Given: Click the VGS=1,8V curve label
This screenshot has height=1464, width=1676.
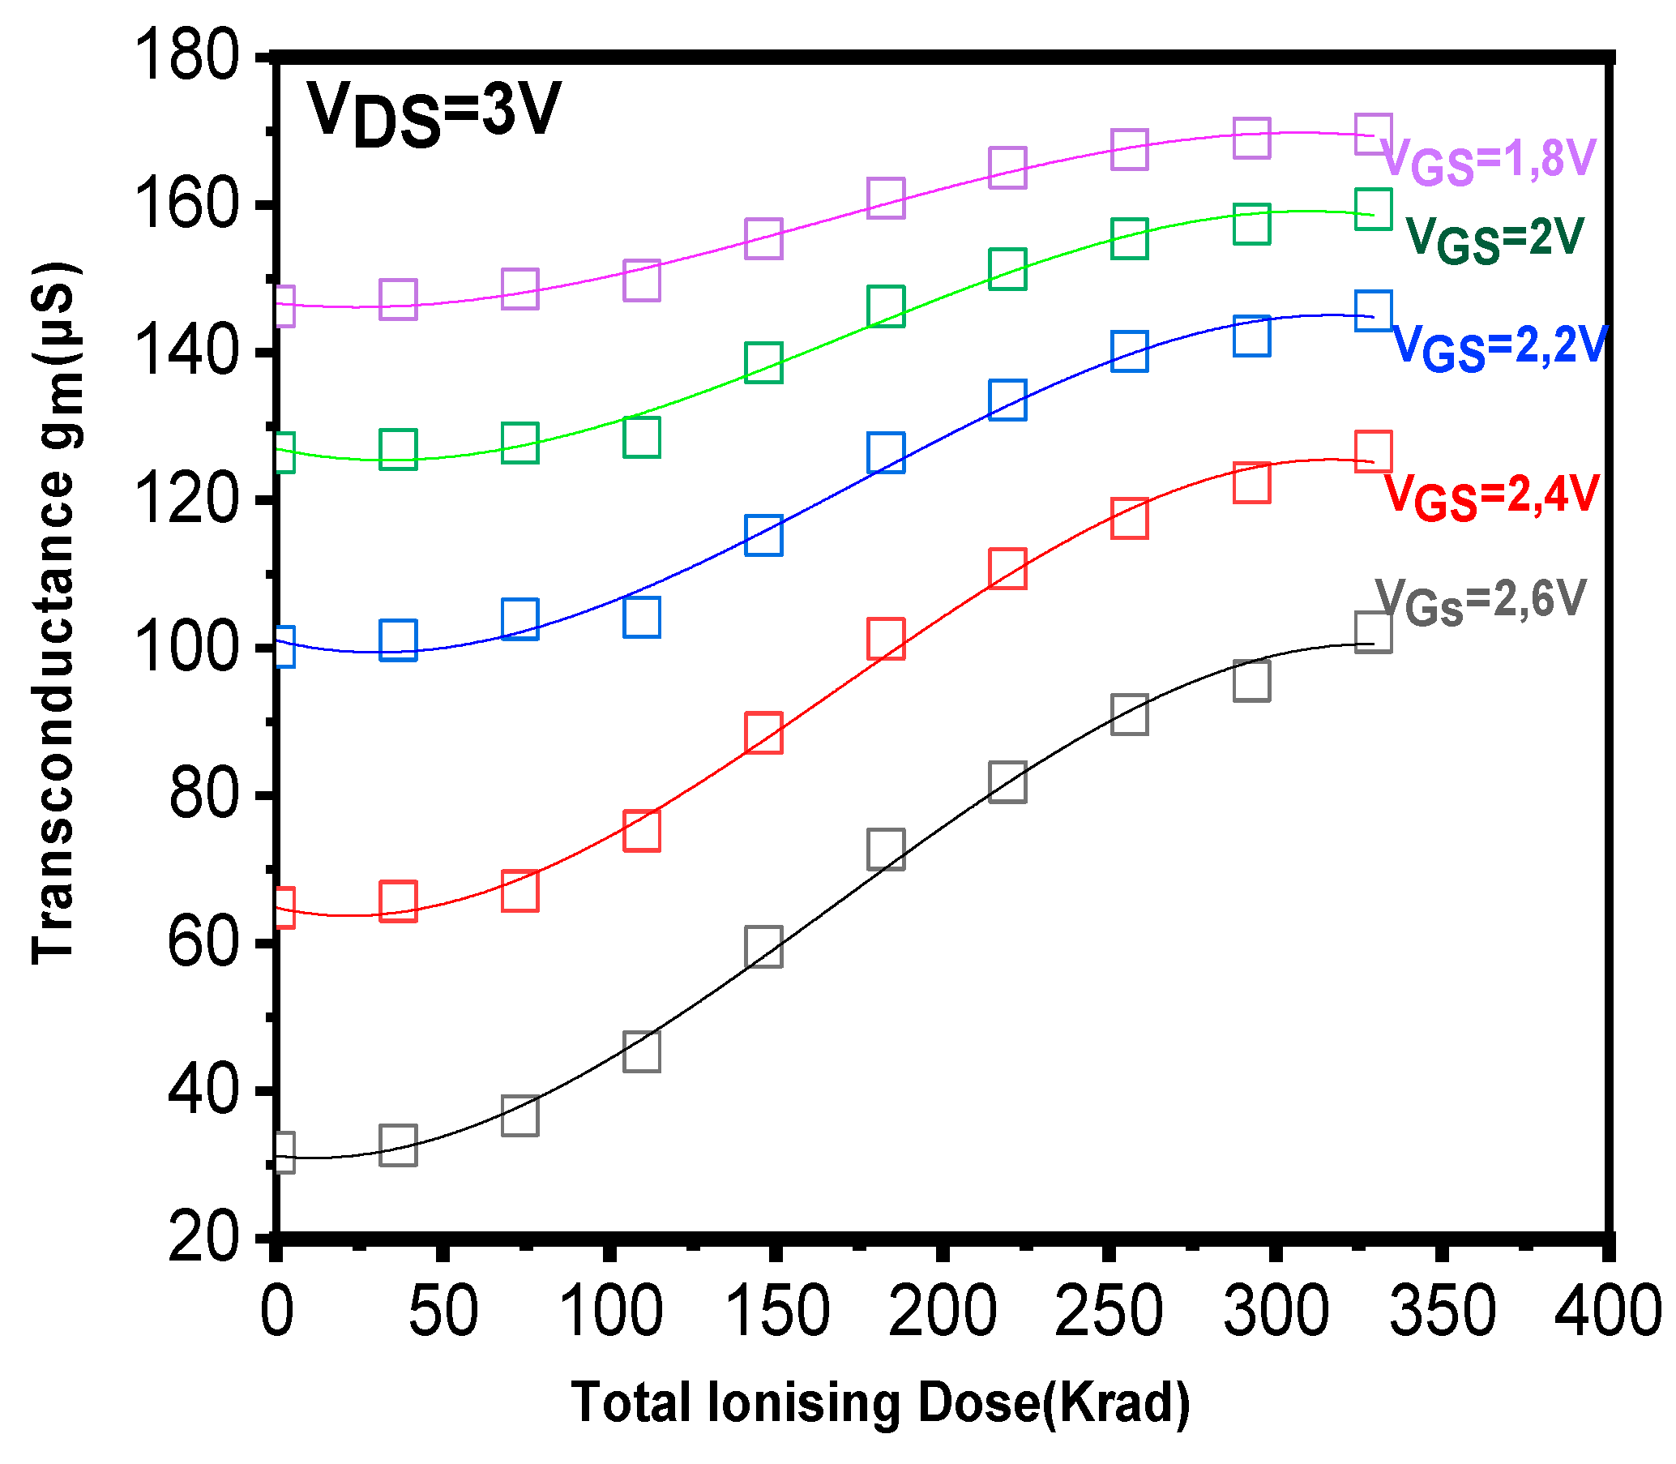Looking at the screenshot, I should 1488,160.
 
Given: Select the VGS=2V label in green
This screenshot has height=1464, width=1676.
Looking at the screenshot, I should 1494,239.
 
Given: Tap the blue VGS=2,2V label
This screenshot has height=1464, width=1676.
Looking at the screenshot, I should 1499,347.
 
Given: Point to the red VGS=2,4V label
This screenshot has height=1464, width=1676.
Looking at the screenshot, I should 1490,496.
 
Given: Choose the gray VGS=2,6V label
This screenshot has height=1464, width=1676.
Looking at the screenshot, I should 1481,602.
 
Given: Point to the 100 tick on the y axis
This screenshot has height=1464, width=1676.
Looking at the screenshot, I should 189,648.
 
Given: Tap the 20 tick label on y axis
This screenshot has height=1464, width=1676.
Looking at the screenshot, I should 203,1239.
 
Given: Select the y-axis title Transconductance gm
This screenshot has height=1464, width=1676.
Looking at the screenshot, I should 56,613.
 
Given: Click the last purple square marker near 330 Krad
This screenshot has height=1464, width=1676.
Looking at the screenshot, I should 1373,134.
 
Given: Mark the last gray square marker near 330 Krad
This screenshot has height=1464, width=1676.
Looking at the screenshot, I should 1373,632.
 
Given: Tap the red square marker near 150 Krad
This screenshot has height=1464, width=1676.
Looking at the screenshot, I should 763,732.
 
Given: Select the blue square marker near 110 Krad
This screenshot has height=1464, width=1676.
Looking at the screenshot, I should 641,617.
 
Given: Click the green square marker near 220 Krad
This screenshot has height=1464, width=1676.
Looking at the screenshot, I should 1007,269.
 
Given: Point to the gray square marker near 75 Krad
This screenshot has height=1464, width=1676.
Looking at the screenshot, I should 520,1116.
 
